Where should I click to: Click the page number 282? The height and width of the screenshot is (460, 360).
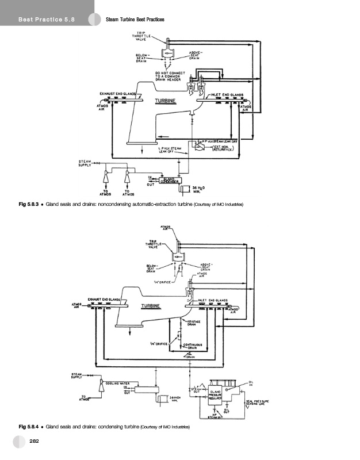pos(34,441)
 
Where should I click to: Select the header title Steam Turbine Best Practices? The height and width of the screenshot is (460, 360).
pos(136,20)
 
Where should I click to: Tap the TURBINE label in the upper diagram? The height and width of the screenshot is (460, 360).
pos(165,102)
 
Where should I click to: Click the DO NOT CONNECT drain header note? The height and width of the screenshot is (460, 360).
pos(168,76)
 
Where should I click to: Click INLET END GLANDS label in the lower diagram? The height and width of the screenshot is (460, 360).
pos(213,300)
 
